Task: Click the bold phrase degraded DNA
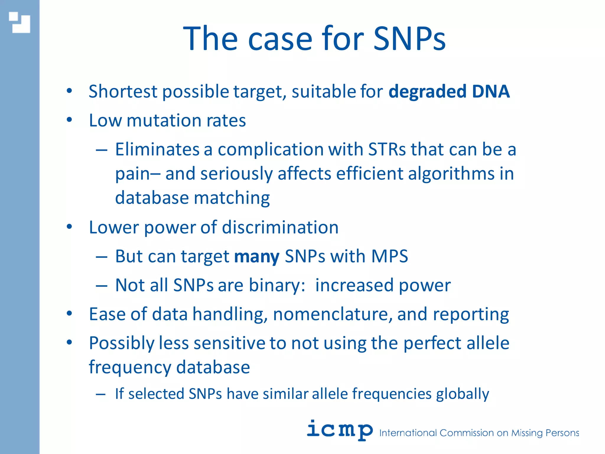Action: click(449, 91)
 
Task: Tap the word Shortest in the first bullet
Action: click(123, 91)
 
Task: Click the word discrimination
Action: click(280, 227)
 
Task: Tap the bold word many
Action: click(256, 256)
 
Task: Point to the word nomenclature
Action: click(333, 314)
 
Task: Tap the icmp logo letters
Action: click(339, 430)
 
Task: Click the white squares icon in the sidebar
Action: click(19, 22)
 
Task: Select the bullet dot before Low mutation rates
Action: click(69, 120)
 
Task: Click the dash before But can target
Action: click(101, 257)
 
